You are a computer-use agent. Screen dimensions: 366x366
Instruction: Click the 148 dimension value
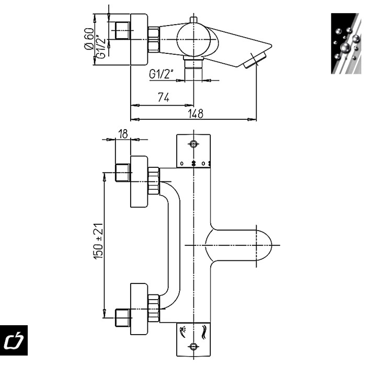click(196, 113)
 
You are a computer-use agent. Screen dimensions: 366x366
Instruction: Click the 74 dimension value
click(163, 97)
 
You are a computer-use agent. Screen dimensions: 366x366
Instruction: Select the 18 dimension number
click(123, 134)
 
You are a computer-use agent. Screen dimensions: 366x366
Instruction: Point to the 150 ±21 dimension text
click(98, 241)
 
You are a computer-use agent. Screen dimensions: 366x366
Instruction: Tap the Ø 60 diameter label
click(89, 39)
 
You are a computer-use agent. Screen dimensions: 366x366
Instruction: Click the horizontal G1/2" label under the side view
click(161, 74)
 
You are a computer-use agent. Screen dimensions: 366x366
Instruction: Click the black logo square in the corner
click(14, 340)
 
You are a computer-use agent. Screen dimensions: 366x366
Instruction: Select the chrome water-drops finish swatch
click(346, 43)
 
